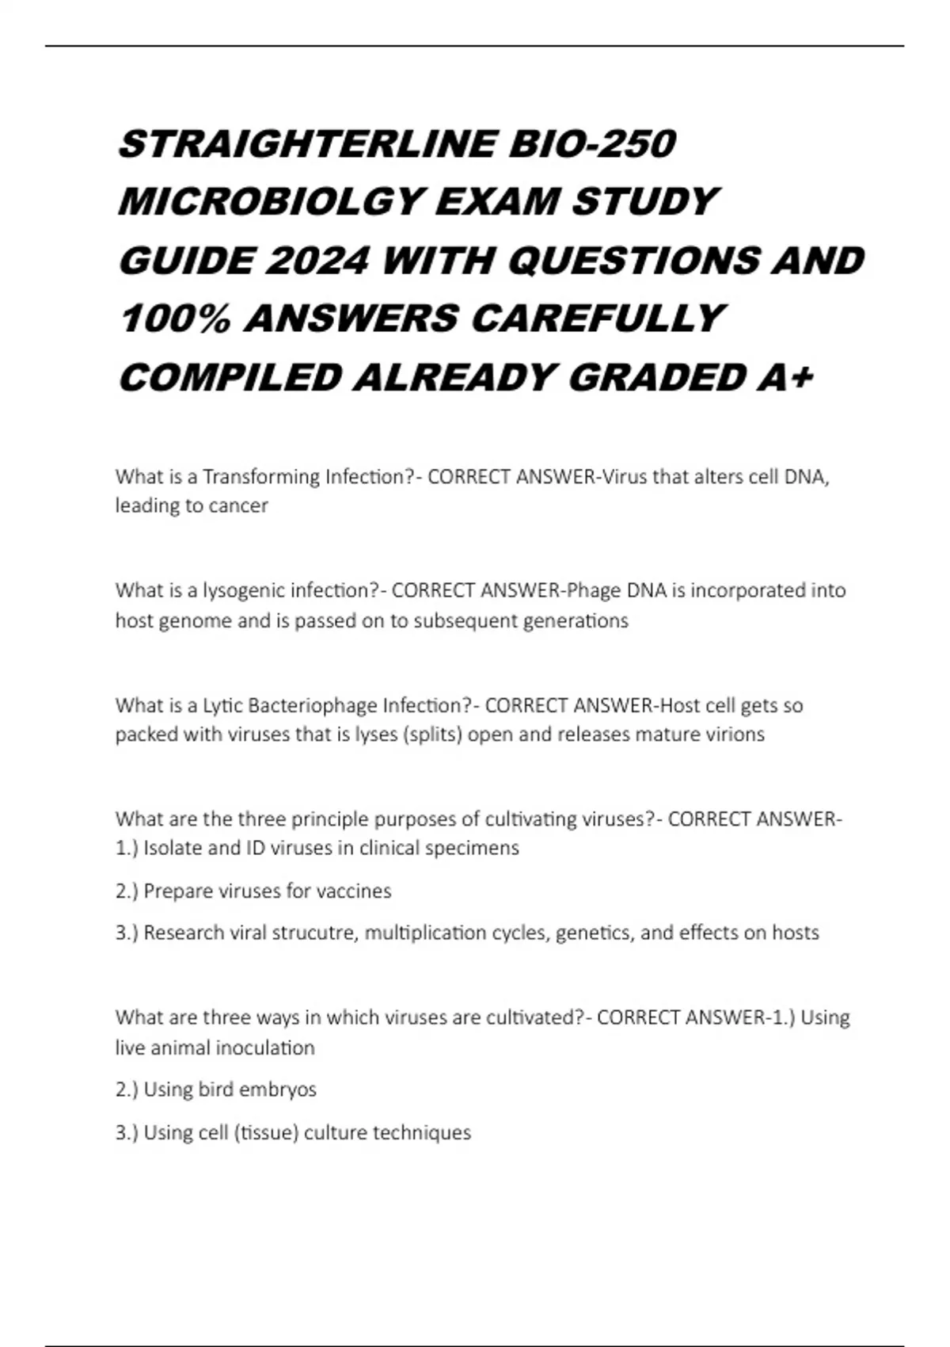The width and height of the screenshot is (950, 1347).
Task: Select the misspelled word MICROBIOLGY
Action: (x=268, y=202)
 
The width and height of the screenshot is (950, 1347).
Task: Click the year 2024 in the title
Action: (x=317, y=261)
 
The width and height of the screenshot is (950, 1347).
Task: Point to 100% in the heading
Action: (x=175, y=319)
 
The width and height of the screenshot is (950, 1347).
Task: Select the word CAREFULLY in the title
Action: (x=597, y=319)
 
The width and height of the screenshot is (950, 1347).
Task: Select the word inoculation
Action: (x=264, y=1048)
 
